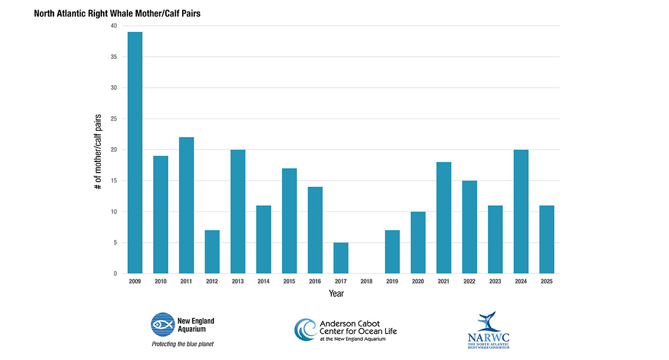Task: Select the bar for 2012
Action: (x=212, y=252)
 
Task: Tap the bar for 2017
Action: (x=341, y=258)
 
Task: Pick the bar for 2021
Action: (x=444, y=218)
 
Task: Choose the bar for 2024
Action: (x=521, y=212)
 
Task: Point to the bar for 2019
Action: (x=392, y=252)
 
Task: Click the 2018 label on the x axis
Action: (x=366, y=281)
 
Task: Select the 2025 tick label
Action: (x=547, y=281)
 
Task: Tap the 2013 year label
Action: (x=238, y=281)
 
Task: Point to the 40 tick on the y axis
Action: (x=114, y=25)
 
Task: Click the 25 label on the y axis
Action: (x=114, y=119)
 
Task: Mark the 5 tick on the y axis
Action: (x=116, y=243)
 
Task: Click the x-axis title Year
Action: (x=336, y=293)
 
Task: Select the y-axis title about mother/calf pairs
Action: (x=99, y=151)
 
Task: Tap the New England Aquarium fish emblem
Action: (x=163, y=324)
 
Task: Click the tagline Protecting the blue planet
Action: (x=183, y=344)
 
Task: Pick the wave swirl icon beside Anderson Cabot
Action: (x=305, y=330)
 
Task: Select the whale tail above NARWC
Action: (x=486, y=321)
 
